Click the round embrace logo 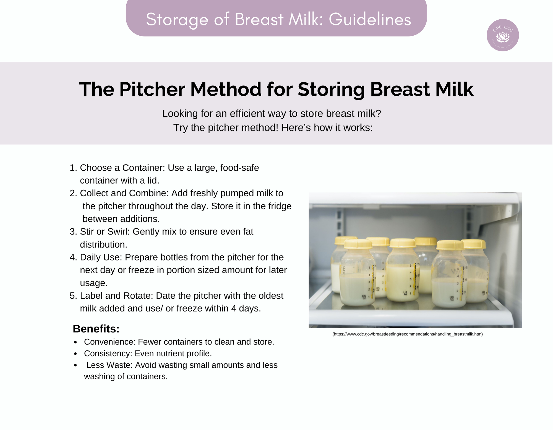pyautogui.click(x=502, y=35)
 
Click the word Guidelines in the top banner pyautogui.click(x=370, y=19)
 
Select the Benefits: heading pyautogui.click(x=96, y=329)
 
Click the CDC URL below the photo pyautogui.click(x=408, y=334)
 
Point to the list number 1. pyautogui.click(x=73, y=168)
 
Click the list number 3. pyautogui.click(x=73, y=231)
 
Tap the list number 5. pyautogui.click(x=73, y=296)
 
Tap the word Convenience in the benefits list pyautogui.click(x=109, y=342)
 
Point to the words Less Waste pyautogui.click(x=110, y=365)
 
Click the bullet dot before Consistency pyautogui.click(x=75, y=354)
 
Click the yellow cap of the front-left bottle pyautogui.click(x=358, y=244)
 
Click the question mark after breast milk pyautogui.click(x=379, y=113)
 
